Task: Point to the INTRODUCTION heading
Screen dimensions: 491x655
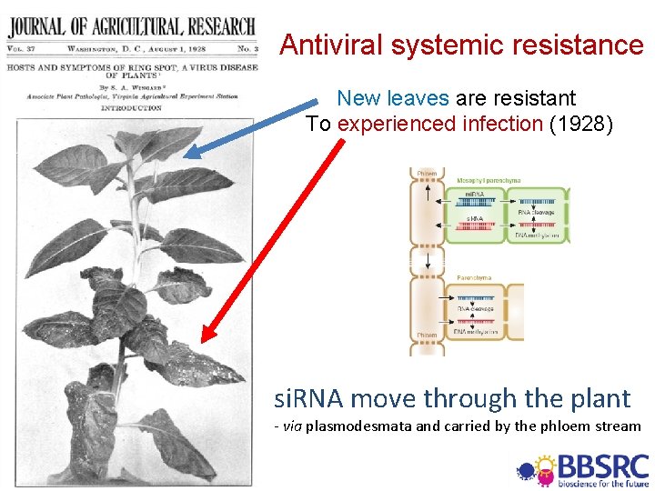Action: click(132, 108)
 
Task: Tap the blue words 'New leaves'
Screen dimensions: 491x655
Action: click(392, 97)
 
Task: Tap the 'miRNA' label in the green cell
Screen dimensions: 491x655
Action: click(474, 195)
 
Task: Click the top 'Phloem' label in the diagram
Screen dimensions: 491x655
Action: click(427, 174)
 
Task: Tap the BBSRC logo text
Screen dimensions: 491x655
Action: click(603, 466)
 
